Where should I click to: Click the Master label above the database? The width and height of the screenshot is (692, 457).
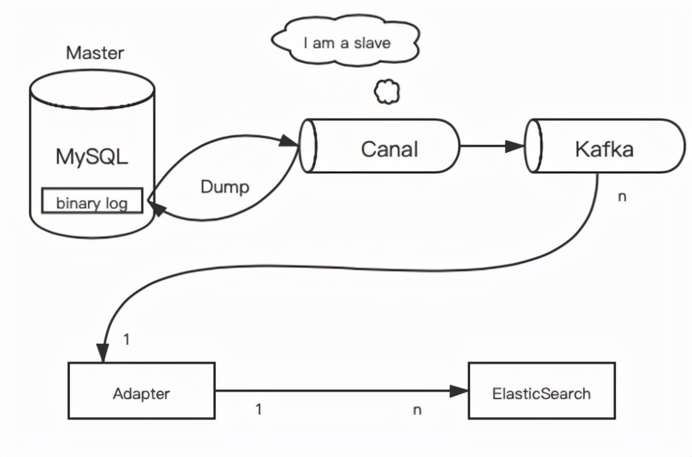pyautogui.click(x=95, y=52)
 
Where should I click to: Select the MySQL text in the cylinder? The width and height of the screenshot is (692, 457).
pyautogui.click(x=92, y=156)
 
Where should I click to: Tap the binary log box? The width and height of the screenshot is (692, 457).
pyautogui.click(x=92, y=203)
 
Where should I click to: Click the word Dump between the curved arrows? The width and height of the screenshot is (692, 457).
pyautogui.click(x=225, y=187)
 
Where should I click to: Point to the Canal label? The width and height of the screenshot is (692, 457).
pyautogui.click(x=389, y=149)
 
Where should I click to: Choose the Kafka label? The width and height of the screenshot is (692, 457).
pyautogui.click(x=604, y=149)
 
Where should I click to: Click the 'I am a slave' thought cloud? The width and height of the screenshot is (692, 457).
pyautogui.click(x=347, y=43)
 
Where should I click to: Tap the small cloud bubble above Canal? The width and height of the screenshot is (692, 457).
pyautogui.click(x=386, y=92)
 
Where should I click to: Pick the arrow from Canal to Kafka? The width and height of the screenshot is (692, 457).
pyautogui.click(x=491, y=146)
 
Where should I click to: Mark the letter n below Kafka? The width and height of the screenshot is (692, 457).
pyautogui.click(x=622, y=196)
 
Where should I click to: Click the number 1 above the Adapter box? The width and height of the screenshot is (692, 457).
pyautogui.click(x=126, y=339)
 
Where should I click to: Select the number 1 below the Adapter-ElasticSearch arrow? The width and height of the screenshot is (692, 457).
pyautogui.click(x=258, y=409)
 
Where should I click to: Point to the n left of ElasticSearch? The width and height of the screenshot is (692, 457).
pyautogui.click(x=416, y=410)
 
